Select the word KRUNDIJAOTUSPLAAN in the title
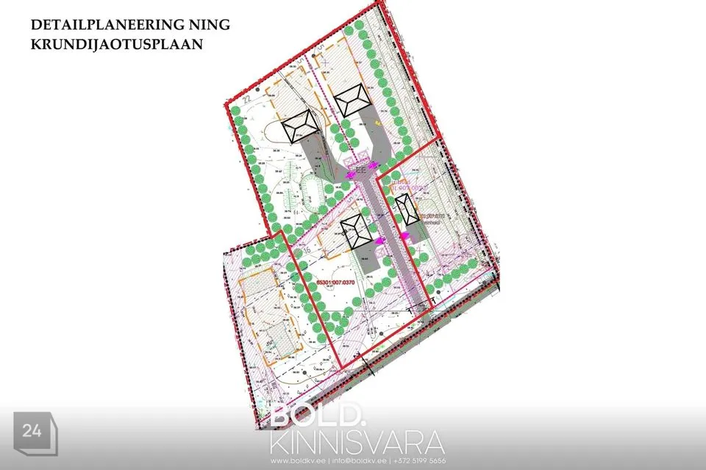pyautogui.click(x=117, y=43)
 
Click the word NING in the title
pyautogui.click(x=212, y=24)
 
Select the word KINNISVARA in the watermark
pyautogui.click(x=357, y=443)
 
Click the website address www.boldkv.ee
pyautogui.click(x=298, y=460)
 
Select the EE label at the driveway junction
pyautogui.click(x=360, y=170)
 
